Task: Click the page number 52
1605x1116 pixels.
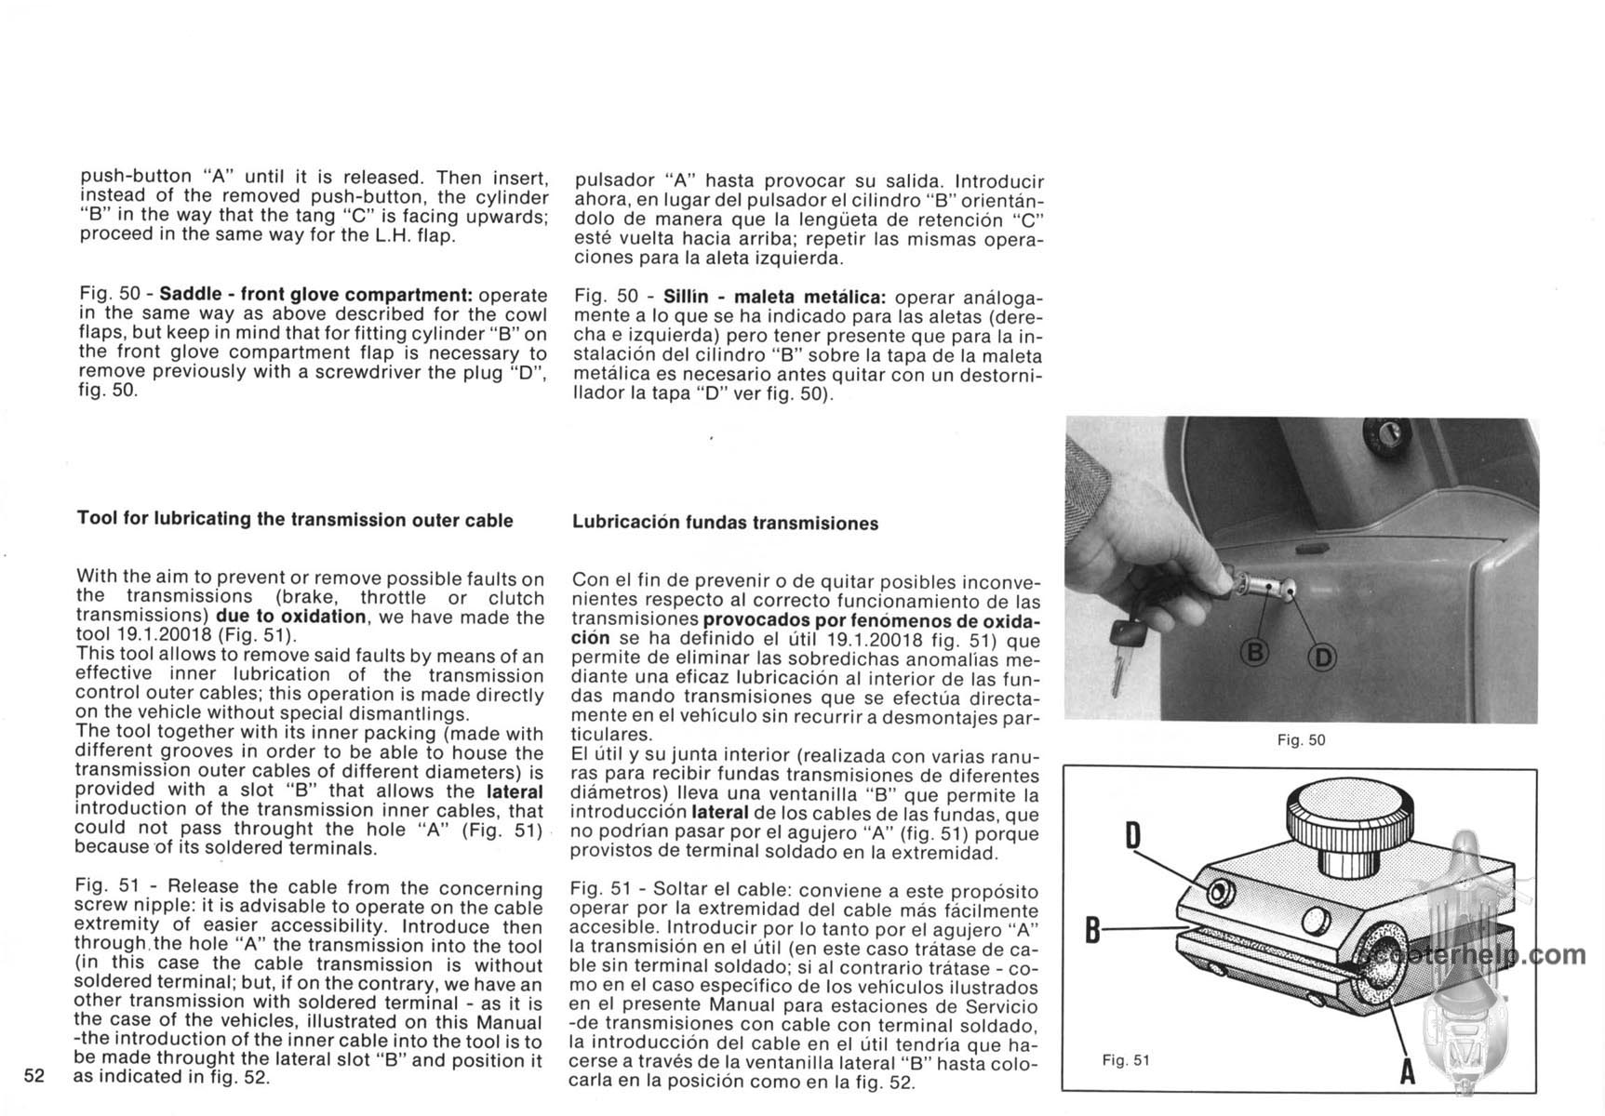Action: click(34, 1076)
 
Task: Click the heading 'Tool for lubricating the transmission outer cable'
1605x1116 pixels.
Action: click(295, 520)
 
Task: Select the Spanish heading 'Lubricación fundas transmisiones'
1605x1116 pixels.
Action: click(725, 524)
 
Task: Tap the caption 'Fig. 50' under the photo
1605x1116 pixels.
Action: click(1301, 740)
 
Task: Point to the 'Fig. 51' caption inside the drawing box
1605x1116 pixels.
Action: click(1126, 1060)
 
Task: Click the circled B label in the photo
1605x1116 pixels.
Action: click(1255, 654)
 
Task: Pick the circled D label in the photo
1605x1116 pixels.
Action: click(1321, 658)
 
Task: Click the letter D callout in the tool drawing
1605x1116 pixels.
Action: click(1132, 835)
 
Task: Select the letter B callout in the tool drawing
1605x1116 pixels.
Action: click(1094, 928)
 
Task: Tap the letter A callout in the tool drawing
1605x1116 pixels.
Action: click(1408, 1072)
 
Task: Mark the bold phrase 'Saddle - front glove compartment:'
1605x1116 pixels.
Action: click(316, 294)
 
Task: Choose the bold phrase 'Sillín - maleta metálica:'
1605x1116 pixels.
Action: click(776, 298)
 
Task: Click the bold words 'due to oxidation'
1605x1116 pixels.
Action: click(290, 617)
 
